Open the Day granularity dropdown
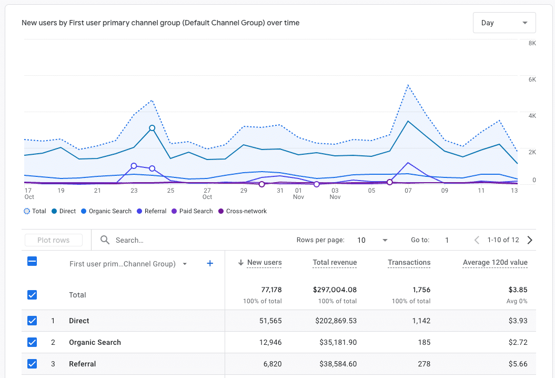(504, 23)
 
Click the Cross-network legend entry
(246, 211)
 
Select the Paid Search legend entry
(196, 211)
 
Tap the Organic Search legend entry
(109, 211)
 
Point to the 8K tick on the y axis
(532, 43)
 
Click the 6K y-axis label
(532, 79)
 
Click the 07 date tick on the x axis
(408, 191)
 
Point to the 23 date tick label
(134, 191)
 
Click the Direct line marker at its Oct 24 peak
(152, 128)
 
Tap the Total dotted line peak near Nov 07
(408, 85)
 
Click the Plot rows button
(54, 240)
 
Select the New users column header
(264, 262)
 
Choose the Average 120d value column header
(495, 262)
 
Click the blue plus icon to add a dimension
(210, 263)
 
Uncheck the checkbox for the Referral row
(32, 364)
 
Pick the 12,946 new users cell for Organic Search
(267, 342)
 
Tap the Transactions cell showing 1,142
(419, 321)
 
